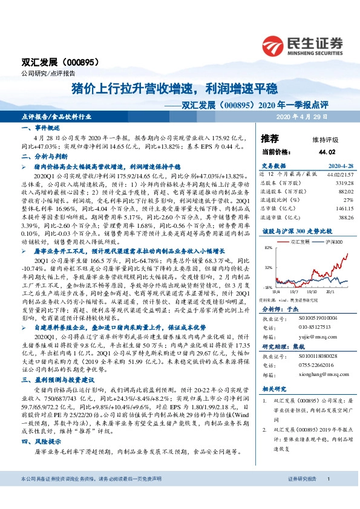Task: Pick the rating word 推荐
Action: point(270,138)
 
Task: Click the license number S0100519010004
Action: point(316,317)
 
